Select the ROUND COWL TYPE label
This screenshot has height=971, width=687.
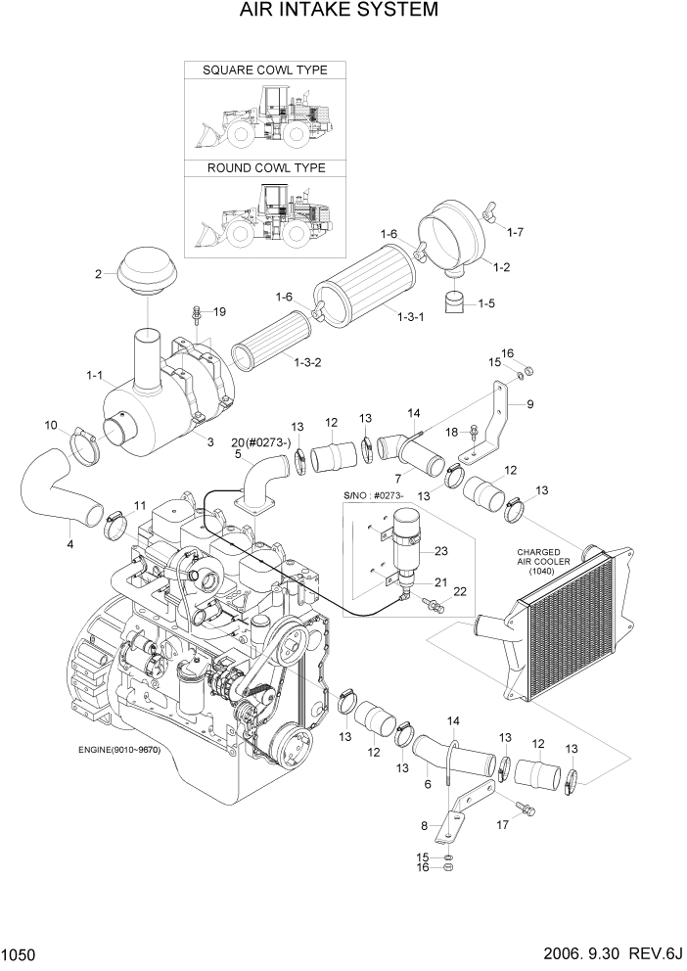tap(265, 168)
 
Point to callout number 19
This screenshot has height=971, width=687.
tap(219, 312)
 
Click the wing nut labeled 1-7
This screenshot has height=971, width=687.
tap(489, 210)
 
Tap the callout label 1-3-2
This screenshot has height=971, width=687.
tap(311, 362)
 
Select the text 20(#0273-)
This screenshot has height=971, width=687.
tap(261, 441)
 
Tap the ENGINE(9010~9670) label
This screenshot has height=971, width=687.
tap(119, 750)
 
